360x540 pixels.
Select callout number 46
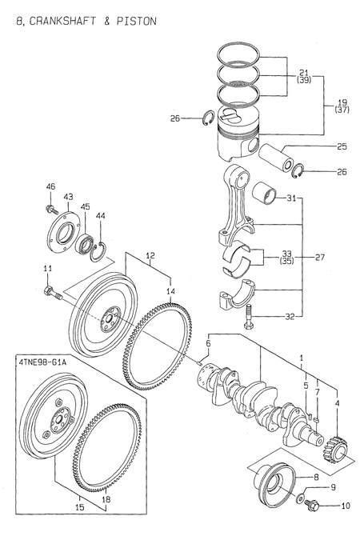coord(50,186)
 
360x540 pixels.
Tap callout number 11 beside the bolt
coord(47,268)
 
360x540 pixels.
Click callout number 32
coord(289,316)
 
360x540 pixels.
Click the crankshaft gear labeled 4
coord(335,448)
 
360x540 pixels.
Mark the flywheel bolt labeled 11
coord(54,293)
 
